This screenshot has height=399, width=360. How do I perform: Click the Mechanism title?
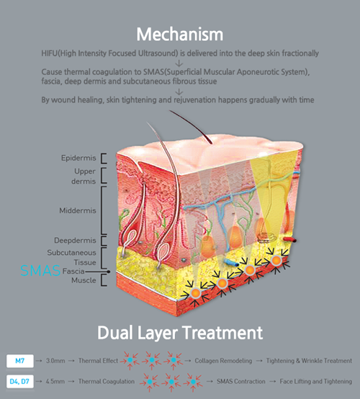[179, 34]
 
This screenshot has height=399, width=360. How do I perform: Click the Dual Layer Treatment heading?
[180, 333]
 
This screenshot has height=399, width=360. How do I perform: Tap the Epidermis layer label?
[78, 158]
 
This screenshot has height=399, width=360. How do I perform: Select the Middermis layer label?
[78, 210]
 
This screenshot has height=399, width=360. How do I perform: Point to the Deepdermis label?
[75, 241]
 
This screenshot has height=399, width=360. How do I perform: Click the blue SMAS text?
[40, 271]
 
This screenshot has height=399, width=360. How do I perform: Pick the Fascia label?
[73, 272]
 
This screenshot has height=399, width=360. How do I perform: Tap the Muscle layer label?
[84, 280]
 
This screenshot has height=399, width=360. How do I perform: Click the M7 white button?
[20, 361]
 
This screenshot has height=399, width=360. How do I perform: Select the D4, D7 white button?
[20, 382]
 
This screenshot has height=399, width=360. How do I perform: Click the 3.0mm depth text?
[55, 361]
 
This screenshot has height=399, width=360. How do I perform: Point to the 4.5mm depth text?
[55, 382]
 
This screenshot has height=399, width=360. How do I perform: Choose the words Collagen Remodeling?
[223, 361]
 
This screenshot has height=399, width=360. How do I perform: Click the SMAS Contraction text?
[241, 382]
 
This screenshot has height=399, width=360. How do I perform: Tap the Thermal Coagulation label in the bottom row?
[107, 382]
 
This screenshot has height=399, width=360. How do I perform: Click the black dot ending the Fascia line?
[109, 272]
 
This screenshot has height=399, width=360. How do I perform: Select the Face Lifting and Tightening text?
[316, 382]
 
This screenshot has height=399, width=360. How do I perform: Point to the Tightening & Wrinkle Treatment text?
[309, 361]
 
